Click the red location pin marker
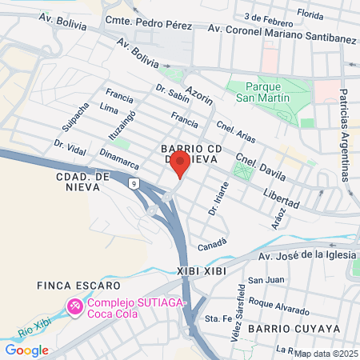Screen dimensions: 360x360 [x=180, y=165]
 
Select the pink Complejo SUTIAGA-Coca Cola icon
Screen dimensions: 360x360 [x=75, y=306]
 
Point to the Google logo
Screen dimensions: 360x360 [x=26, y=350]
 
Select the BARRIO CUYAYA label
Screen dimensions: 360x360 [x=294, y=329]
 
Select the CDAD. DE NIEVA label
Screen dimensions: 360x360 [x=78, y=181]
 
